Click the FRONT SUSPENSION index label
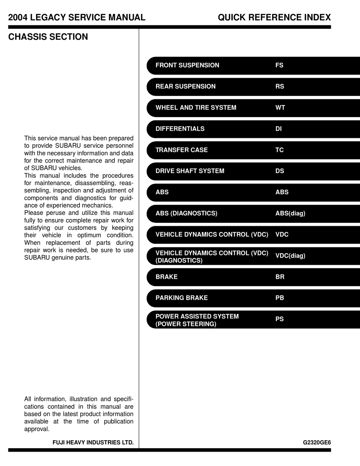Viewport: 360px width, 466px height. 187,65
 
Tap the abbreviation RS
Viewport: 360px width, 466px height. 280,86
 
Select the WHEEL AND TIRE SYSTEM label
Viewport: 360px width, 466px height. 196,108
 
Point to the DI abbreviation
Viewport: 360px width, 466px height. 279,129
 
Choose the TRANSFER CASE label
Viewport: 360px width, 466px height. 182,150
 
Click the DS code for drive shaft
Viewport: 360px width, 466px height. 280,171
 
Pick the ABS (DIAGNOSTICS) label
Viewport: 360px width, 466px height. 186,213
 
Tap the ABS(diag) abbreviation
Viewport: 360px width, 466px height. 290,213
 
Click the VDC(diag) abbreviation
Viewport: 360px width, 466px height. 290,256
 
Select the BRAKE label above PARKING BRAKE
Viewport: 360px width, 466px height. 166,277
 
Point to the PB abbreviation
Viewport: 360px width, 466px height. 280,298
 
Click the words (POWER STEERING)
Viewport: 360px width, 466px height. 186,324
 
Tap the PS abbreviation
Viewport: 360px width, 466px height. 280,319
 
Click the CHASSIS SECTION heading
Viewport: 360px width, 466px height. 48,37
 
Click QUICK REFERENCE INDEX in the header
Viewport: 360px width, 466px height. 274,17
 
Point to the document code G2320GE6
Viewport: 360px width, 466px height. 317,443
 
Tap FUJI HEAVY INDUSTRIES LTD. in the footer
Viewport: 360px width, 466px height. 93,443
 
